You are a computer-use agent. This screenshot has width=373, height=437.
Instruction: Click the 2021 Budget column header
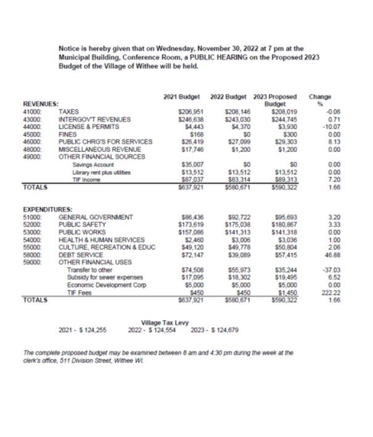pos(183,97)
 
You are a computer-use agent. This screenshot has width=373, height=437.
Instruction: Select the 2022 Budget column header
pos(229,97)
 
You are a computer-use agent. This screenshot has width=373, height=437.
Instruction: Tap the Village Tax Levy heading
pos(165,323)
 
